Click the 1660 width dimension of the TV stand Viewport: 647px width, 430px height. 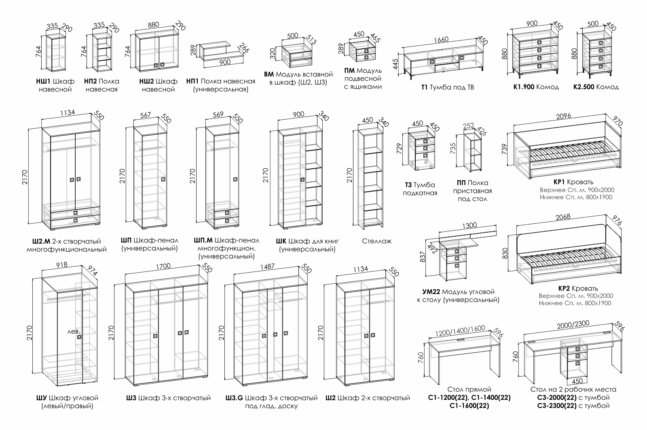441,40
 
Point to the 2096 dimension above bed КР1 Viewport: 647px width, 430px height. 563,116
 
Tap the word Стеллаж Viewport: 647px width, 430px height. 377,241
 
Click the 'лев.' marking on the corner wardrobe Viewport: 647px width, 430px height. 74,331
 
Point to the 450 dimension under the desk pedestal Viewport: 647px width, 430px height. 577,381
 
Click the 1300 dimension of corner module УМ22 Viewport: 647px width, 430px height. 469,225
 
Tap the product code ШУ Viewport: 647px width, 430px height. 41,398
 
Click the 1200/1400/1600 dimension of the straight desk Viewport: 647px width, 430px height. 460,329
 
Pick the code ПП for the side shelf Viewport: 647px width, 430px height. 461,183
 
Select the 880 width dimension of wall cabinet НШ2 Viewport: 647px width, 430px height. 154,24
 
